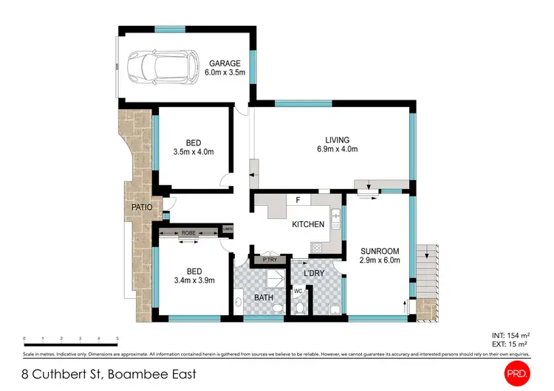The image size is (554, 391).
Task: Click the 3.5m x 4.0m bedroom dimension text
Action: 193,153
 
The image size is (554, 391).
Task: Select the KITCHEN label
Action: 308,224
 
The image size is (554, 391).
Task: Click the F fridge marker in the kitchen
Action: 297,200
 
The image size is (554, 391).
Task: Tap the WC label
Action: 299,291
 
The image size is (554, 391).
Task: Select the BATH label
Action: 264,297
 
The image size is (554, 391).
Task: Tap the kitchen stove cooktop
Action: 318,248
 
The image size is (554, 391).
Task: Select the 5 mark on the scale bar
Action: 117,339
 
